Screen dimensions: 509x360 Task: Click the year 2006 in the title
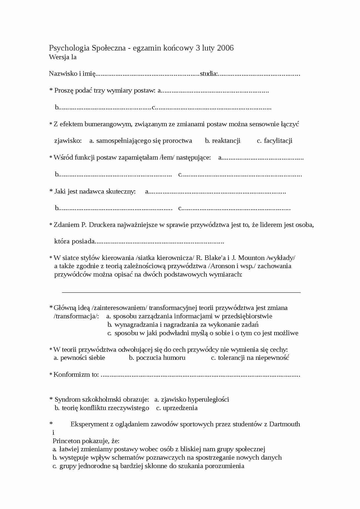pyautogui.click(x=225, y=48)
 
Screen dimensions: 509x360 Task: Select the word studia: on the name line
pyautogui.click(x=208, y=73)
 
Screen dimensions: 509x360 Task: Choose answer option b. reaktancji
pyautogui.click(x=223, y=141)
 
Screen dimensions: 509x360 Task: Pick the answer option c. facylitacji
pyautogui.click(x=275, y=141)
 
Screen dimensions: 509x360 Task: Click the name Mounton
pyautogui.click(x=251, y=258)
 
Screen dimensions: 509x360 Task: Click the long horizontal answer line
pyautogui.click(x=181, y=293)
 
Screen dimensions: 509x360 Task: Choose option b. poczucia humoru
pyautogui.click(x=157, y=358)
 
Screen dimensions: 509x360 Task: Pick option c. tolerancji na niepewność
pyautogui.click(x=250, y=358)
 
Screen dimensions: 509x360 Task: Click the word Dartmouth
pyautogui.click(x=285, y=424)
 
